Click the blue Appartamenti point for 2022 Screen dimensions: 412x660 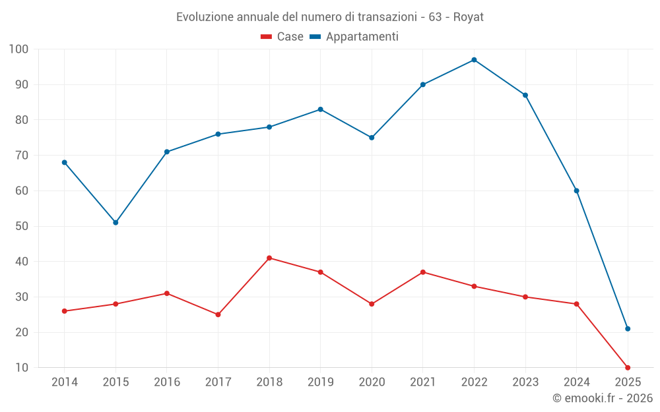pyautogui.click(x=474, y=60)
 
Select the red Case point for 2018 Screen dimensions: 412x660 pyautogui.click(x=269, y=258)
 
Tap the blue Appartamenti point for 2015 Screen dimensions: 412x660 pyautogui.click(x=115, y=223)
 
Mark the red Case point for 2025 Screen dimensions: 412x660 pyautogui.click(x=628, y=368)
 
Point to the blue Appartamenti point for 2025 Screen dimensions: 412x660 pyautogui.click(x=628, y=329)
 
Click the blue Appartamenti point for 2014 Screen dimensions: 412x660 pyautogui.click(x=65, y=162)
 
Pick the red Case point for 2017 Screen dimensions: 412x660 pyautogui.click(x=218, y=314)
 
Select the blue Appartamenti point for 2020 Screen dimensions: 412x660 pyautogui.click(x=372, y=138)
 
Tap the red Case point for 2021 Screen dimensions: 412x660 pyautogui.click(x=423, y=272)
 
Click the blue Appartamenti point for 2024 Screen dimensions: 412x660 pyautogui.click(x=576, y=191)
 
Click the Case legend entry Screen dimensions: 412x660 pyautogui.click(x=282, y=37)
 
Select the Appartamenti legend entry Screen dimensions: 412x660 pyautogui.click(x=354, y=37)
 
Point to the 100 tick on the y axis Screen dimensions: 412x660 pyautogui.click(x=19, y=49)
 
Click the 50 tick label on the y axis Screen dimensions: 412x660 pyautogui.click(x=22, y=226)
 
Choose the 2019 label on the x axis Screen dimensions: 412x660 pyautogui.click(x=321, y=382)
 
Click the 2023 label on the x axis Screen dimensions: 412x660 pyautogui.click(x=525, y=382)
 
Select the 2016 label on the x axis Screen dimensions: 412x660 pyautogui.click(x=167, y=382)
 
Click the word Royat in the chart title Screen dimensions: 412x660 pyautogui.click(x=469, y=17)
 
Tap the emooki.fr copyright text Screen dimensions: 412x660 pyautogui.click(x=602, y=398)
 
